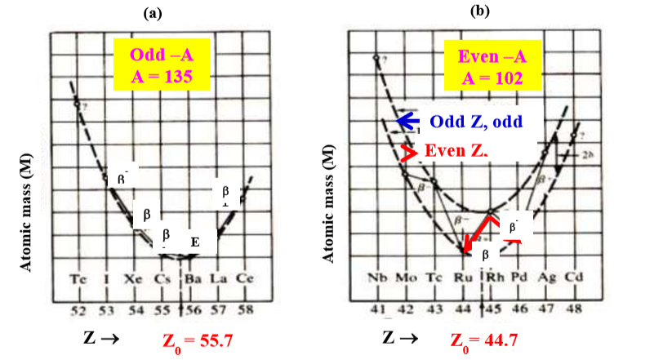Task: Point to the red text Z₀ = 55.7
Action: click(196, 338)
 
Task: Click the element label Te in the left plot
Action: click(78, 278)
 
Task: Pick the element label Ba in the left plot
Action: click(191, 278)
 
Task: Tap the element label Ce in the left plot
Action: click(245, 278)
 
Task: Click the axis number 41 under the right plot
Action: click(376, 310)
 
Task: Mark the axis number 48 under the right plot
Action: click(575, 310)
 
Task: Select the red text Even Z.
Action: click(456, 152)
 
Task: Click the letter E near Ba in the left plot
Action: click(194, 242)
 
